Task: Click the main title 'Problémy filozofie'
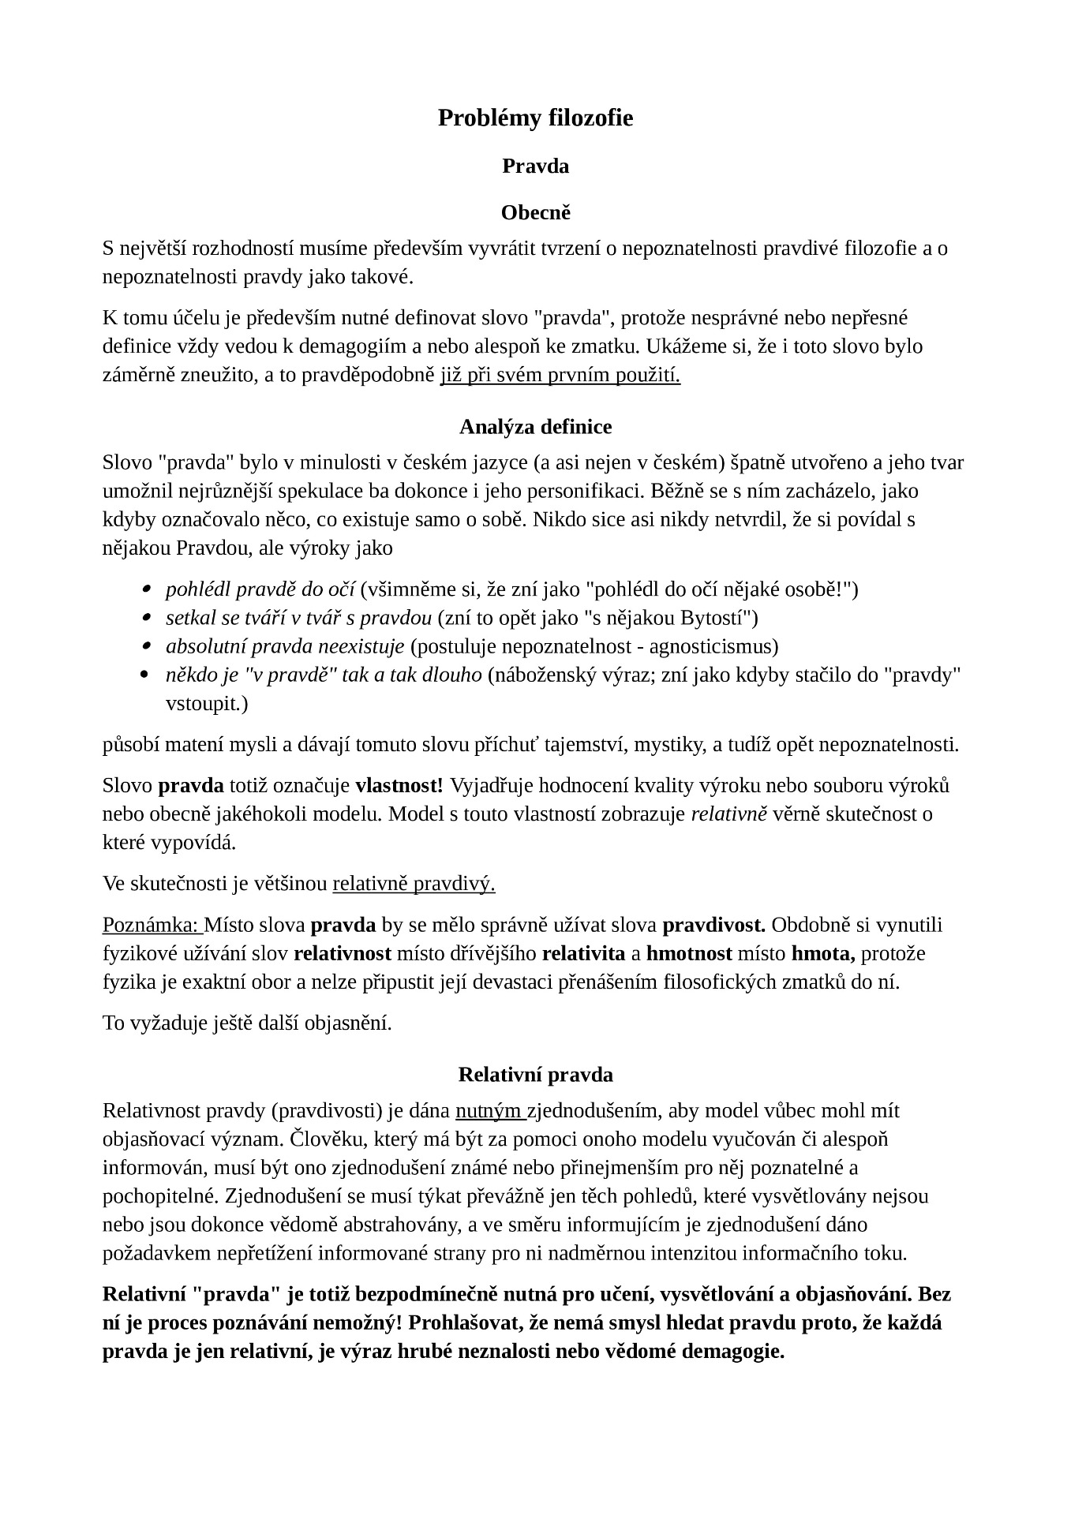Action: tap(535, 118)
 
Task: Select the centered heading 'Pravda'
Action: tap(535, 166)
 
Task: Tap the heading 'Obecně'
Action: tap(535, 213)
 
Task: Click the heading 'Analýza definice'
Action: tap(535, 427)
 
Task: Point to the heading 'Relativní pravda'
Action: tap(535, 1075)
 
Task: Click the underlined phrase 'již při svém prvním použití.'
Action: tap(560, 375)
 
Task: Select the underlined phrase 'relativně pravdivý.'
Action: tap(414, 884)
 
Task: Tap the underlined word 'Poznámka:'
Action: tap(152, 925)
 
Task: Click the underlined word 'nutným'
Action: tap(489, 1111)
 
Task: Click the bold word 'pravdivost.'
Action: tap(713, 925)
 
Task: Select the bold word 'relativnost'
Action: tap(343, 953)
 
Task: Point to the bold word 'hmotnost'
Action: tap(688, 953)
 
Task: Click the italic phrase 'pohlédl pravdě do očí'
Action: tap(260, 589)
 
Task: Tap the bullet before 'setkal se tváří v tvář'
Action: tap(145, 618)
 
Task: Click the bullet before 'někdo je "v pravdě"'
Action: tap(145, 675)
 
